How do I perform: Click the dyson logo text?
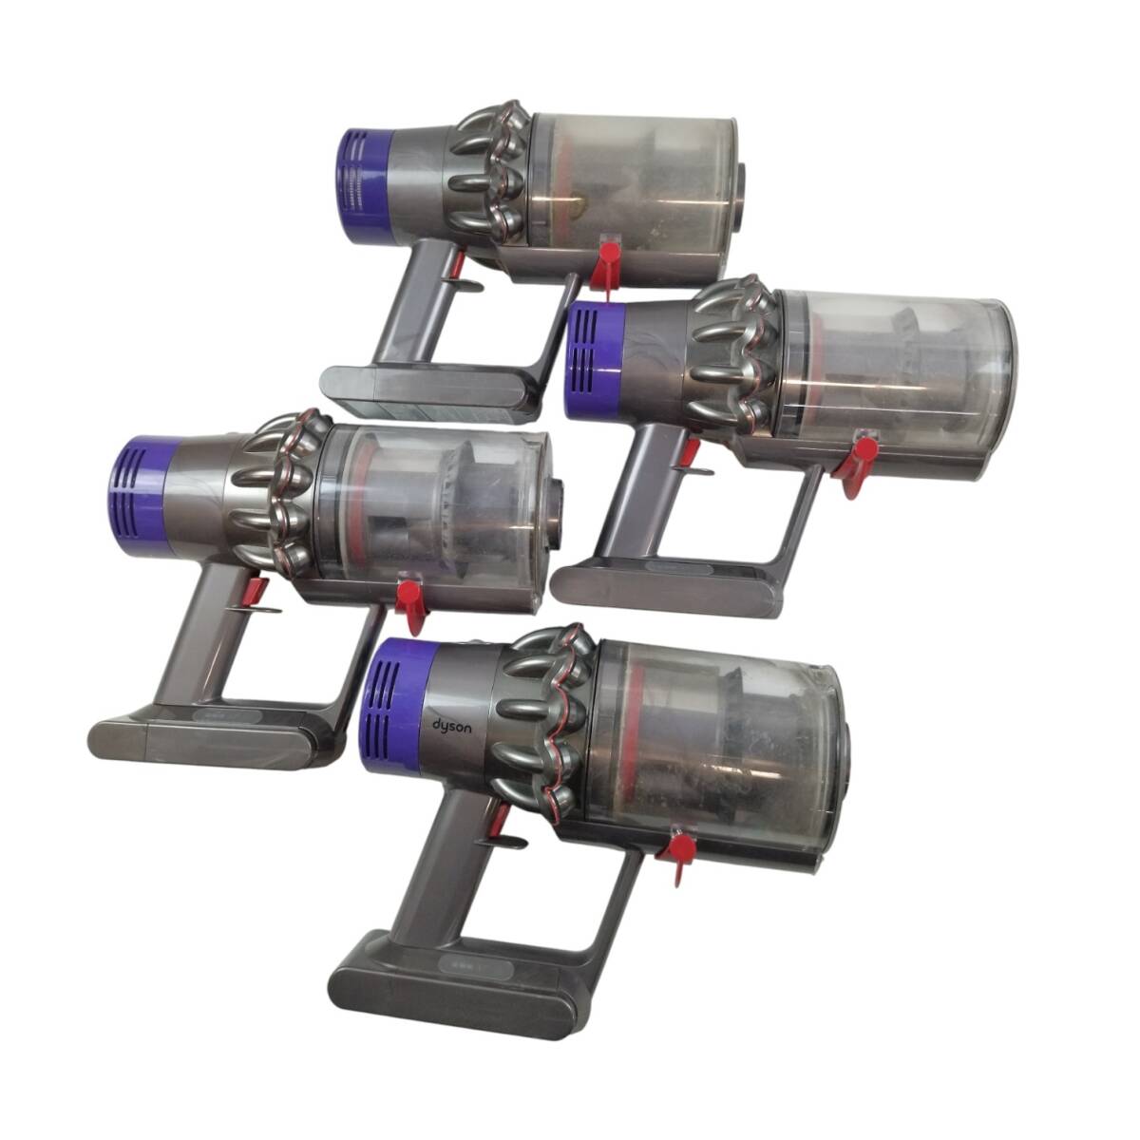(451, 726)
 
